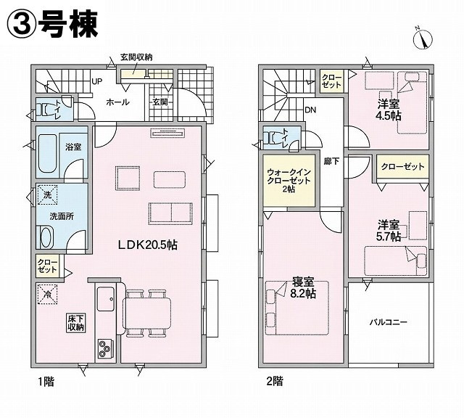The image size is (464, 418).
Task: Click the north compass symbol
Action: [423, 38]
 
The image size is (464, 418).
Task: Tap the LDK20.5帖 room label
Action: [147, 245]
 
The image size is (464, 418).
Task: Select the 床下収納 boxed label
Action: [76, 323]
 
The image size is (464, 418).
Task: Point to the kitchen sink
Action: [106, 298]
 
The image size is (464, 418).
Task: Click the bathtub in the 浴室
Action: [47, 153]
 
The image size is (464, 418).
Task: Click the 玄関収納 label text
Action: [136, 57]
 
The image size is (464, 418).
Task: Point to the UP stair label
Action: [96, 81]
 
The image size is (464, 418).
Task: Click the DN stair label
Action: [310, 110]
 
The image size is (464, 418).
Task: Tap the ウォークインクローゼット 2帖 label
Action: [289, 181]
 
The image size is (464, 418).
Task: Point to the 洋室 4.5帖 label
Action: [389, 110]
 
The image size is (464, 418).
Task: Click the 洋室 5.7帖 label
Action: [389, 231]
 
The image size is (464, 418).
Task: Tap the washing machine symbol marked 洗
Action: [47, 194]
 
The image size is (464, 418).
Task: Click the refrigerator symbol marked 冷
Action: [47, 294]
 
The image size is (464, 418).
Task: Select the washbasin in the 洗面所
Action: [46, 237]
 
